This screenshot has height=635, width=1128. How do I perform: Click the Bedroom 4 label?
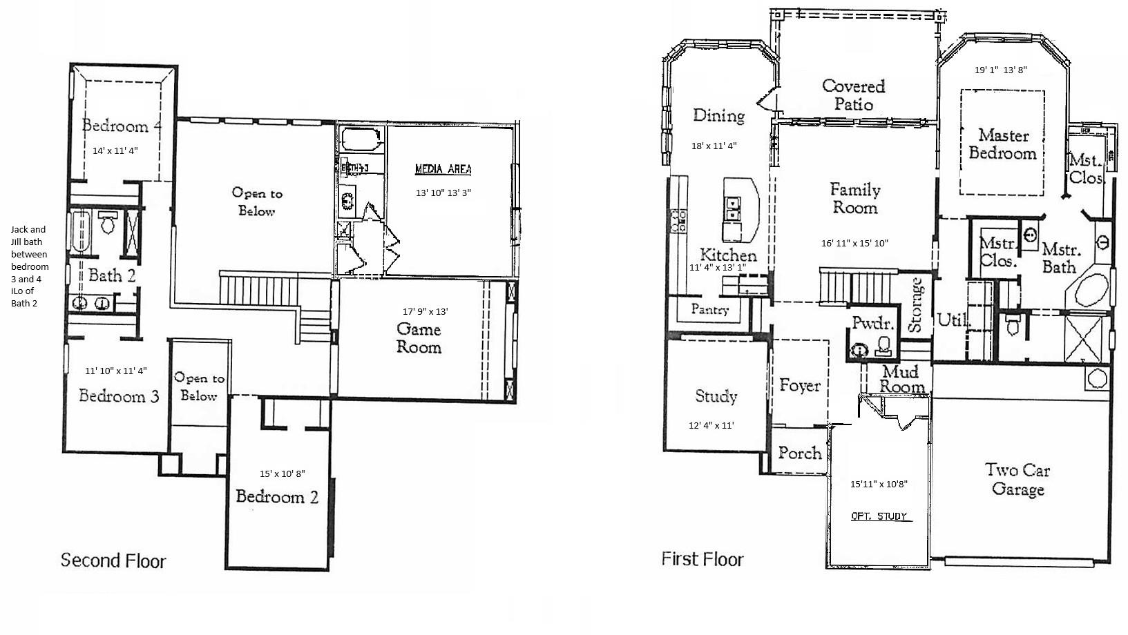pyautogui.click(x=122, y=126)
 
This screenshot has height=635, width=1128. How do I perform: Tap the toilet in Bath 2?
pyautogui.click(x=107, y=223)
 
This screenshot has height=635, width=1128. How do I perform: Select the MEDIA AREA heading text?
pyautogui.click(x=443, y=169)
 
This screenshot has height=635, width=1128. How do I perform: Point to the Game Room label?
pyautogui.click(x=419, y=338)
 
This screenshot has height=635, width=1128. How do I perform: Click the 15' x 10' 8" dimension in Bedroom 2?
pyautogui.click(x=282, y=473)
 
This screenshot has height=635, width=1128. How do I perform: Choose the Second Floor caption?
pyautogui.click(x=113, y=560)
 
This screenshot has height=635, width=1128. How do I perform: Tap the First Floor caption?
pyautogui.click(x=702, y=559)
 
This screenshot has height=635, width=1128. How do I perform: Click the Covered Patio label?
pyautogui.click(x=854, y=95)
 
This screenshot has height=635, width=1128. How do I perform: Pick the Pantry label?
pyautogui.click(x=709, y=309)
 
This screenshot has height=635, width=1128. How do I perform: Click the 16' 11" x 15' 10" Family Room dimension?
pyautogui.click(x=854, y=243)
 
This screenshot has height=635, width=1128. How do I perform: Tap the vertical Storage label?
pyautogui.click(x=917, y=305)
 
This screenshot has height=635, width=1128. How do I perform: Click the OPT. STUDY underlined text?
pyautogui.click(x=879, y=516)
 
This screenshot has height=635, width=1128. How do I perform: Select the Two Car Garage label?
pyautogui.click(x=1017, y=480)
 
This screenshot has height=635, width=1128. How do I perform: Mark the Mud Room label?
pyautogui.click(x=902, y=380)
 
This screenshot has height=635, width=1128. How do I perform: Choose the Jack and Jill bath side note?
pyautogui.click(x=29, y=266)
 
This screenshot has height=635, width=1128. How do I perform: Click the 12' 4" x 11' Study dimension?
pyautogui.click(x=711, y=425)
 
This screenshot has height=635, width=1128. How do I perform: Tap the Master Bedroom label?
pyautogui.click(x=1002, y=144)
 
